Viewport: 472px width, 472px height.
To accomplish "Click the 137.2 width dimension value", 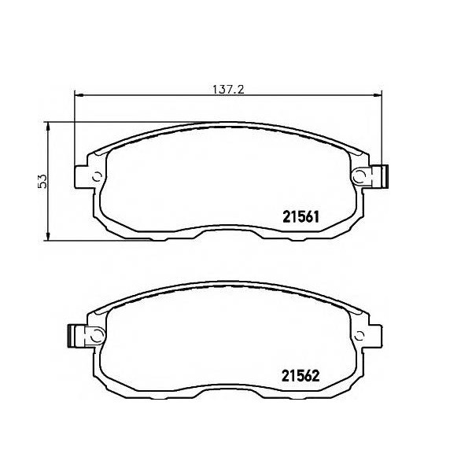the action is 228,89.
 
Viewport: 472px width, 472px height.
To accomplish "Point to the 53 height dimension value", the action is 42,181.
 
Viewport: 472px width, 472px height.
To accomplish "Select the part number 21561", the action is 301,217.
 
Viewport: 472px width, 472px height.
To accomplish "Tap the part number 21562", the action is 301,376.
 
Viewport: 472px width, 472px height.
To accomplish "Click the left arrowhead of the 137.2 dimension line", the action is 78,95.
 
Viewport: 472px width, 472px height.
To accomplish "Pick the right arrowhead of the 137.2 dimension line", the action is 378,95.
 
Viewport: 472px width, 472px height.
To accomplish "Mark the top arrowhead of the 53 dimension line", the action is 47,127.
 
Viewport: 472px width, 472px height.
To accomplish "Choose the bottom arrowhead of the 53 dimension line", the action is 47,237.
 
